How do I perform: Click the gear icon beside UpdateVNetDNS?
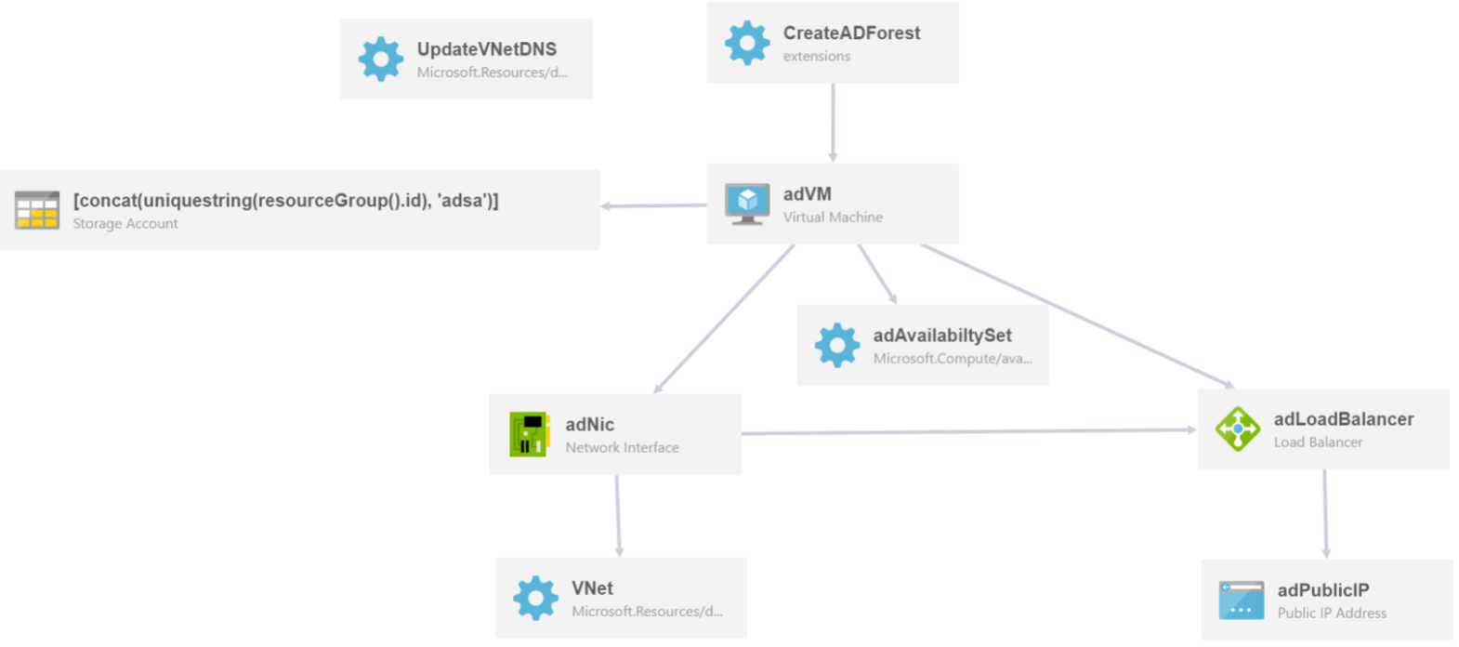coord(381,59)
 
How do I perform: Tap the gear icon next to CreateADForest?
coord(747,43)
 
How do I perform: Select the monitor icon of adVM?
coord(747,204)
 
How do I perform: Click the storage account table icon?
coord(37,210)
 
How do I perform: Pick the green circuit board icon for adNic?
coord(528,434)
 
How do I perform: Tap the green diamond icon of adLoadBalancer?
coord(1238,429)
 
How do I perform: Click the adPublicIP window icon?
coord(1242,601)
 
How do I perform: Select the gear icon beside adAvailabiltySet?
coord(837,345)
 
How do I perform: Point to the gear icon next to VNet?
coord(535,598)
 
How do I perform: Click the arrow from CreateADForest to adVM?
coord(833,123)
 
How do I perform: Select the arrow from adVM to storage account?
coord(653,205)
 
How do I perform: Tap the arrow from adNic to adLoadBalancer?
coord(969,431)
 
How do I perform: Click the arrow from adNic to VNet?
coord(618,516)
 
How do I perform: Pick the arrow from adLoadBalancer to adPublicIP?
coord(1325,514)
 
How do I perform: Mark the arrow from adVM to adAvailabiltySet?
coord(878,274)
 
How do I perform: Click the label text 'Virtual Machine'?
coord(833,217)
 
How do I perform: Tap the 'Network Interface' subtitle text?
coord(622,448)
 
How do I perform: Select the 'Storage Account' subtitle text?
coord(125,223)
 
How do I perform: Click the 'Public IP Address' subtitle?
coord(1332,614)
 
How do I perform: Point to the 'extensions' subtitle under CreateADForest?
coord(817,56)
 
